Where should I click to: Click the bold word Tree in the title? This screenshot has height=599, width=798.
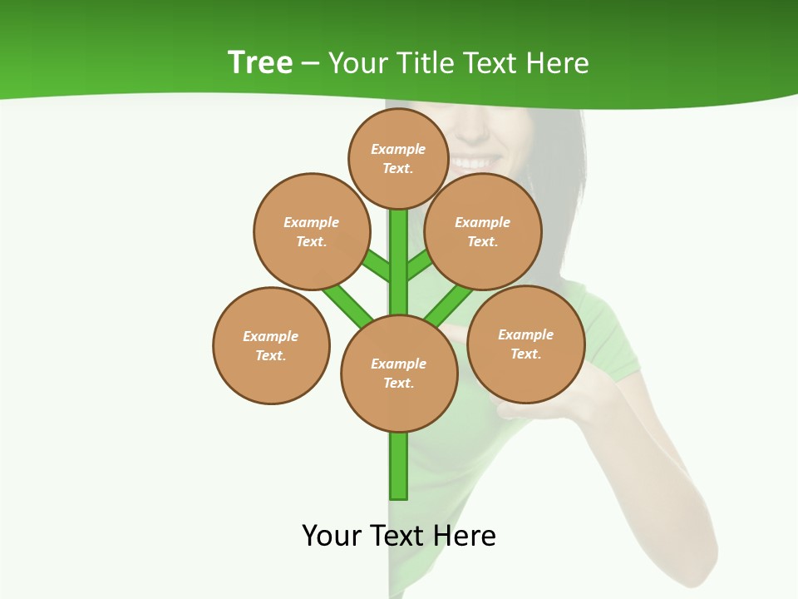coord(260,63)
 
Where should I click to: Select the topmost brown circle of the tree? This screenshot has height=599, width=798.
coord(399,158)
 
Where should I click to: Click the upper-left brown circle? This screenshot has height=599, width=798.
coord(311,231)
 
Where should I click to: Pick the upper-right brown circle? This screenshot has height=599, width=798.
coord(483,231)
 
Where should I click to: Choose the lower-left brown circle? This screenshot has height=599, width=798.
coord(271,345)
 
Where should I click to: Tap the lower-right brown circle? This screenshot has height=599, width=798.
coord(526,344)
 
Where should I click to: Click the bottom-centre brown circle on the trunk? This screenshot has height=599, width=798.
coord(399,373)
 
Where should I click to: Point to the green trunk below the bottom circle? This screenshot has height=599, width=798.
coord(399,466)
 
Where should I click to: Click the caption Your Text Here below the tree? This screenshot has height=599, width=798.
coord(399,535)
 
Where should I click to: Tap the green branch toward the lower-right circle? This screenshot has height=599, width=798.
coord(447,305)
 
